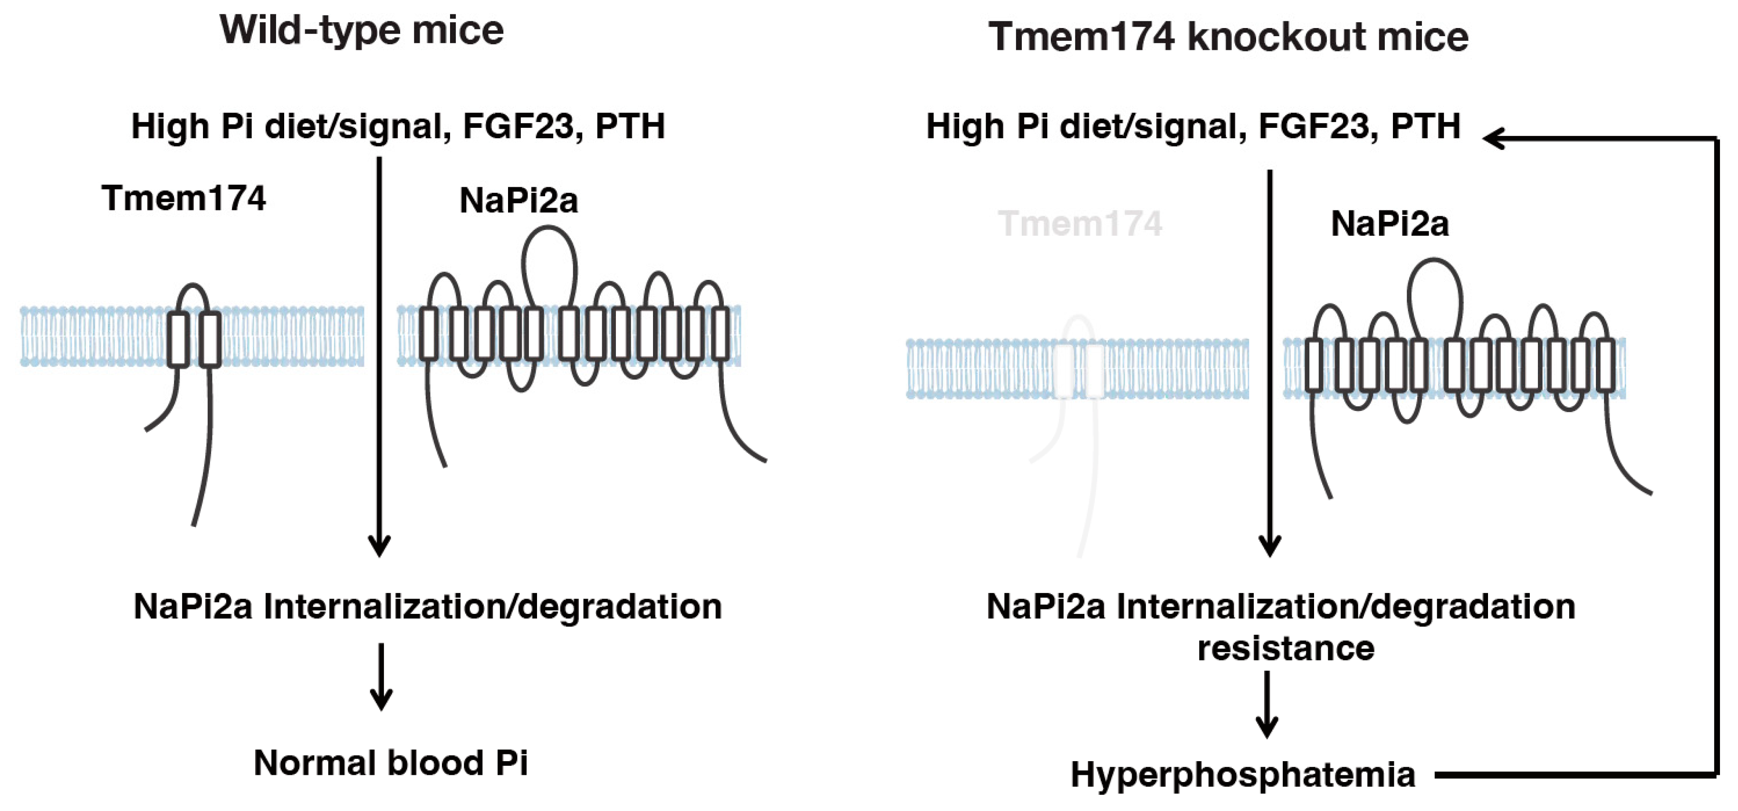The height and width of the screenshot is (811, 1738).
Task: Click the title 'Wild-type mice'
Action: [362, 31]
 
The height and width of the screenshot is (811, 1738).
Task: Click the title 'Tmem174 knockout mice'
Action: [1228, 37]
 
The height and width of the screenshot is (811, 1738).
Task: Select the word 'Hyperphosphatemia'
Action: [1243, 774]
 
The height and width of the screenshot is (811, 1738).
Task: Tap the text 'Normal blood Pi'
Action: [391, 763]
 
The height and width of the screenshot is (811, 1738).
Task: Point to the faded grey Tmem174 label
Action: [1079, 224]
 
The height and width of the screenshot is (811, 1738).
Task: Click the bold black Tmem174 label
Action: [183, 199]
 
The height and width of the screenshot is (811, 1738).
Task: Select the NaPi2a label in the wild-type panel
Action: [518, 200]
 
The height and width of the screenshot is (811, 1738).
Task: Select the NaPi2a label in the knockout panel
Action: [1390, 224]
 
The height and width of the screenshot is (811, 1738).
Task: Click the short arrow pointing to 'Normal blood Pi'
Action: [381, 677]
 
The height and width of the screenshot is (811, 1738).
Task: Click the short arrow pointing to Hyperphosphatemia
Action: [1267, 705]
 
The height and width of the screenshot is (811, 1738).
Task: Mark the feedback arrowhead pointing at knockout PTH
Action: [1495, 139]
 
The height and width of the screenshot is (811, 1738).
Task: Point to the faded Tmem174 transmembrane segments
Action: [1079, 371]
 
